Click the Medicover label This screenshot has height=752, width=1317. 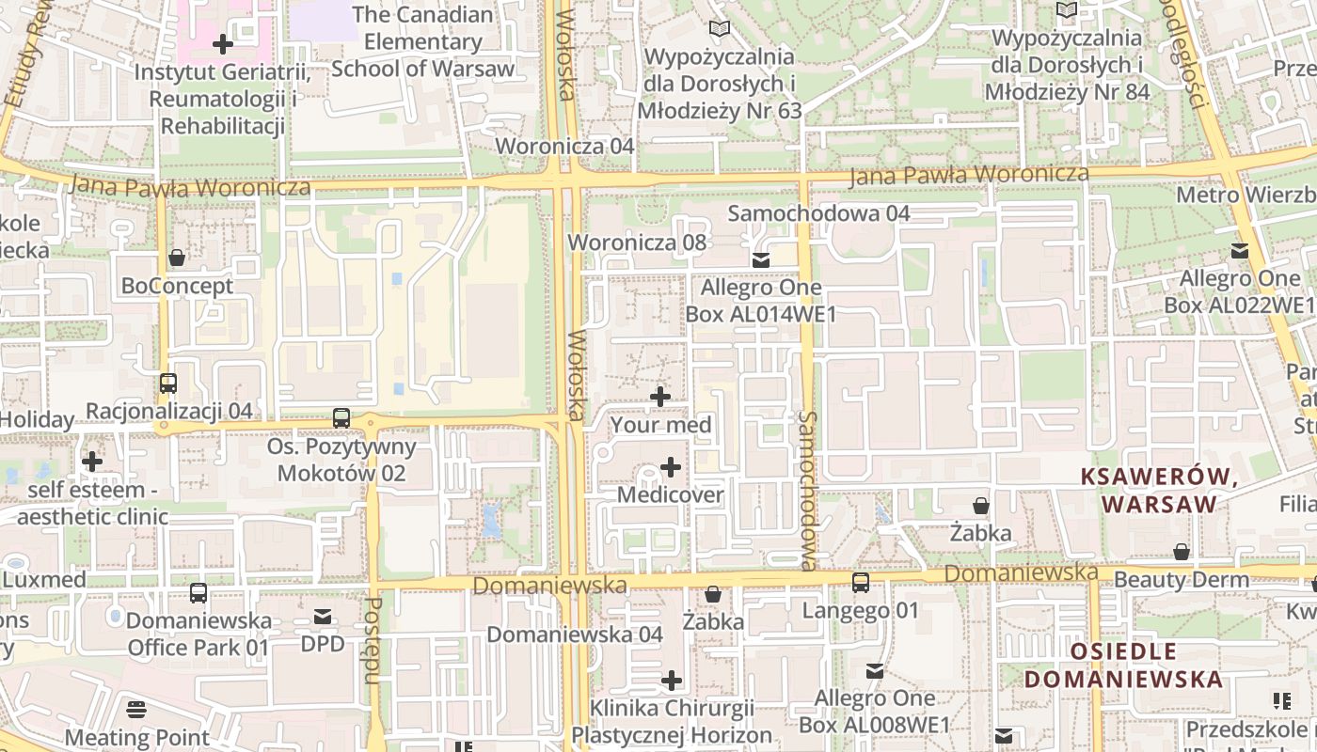(x=670, y=494)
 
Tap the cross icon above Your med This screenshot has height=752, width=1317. (x=660, y=397)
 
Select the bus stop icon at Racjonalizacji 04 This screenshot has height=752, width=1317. (x=168, y=384)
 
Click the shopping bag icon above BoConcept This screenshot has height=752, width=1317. (x=177, y=258)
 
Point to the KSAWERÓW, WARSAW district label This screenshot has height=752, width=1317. (x=1159, y=490)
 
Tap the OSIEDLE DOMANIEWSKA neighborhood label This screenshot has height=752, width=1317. (x=1123, y=665)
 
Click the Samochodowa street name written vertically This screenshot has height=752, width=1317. (x=808, y=490)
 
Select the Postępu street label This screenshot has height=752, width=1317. (x=372, y=640)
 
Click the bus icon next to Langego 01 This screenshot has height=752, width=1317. (x=861, y=583)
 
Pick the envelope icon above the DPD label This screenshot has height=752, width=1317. (x=323, y=617)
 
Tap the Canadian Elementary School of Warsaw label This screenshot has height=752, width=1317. (x=422, y=41)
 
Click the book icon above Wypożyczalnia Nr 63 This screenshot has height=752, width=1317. (x=720, y=29)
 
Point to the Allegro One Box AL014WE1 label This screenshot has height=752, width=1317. (x=761, y=300)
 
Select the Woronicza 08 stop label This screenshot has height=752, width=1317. (x=637, y=242)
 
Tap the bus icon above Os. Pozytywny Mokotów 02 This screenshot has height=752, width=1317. (x=341, y=418)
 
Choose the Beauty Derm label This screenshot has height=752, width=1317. (x=1182, y=579)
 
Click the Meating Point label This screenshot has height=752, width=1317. (x=137, y=737)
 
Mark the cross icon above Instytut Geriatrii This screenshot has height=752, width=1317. (x=223, y=44)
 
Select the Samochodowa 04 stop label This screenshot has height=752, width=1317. (x=818, y=213)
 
